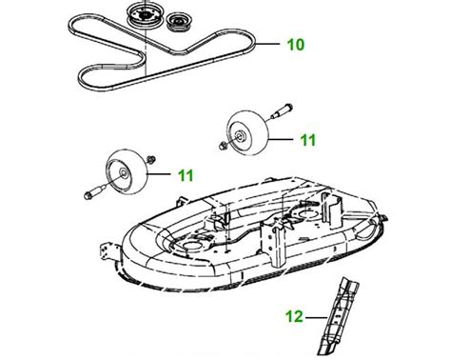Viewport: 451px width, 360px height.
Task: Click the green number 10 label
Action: tap(297, 43)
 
